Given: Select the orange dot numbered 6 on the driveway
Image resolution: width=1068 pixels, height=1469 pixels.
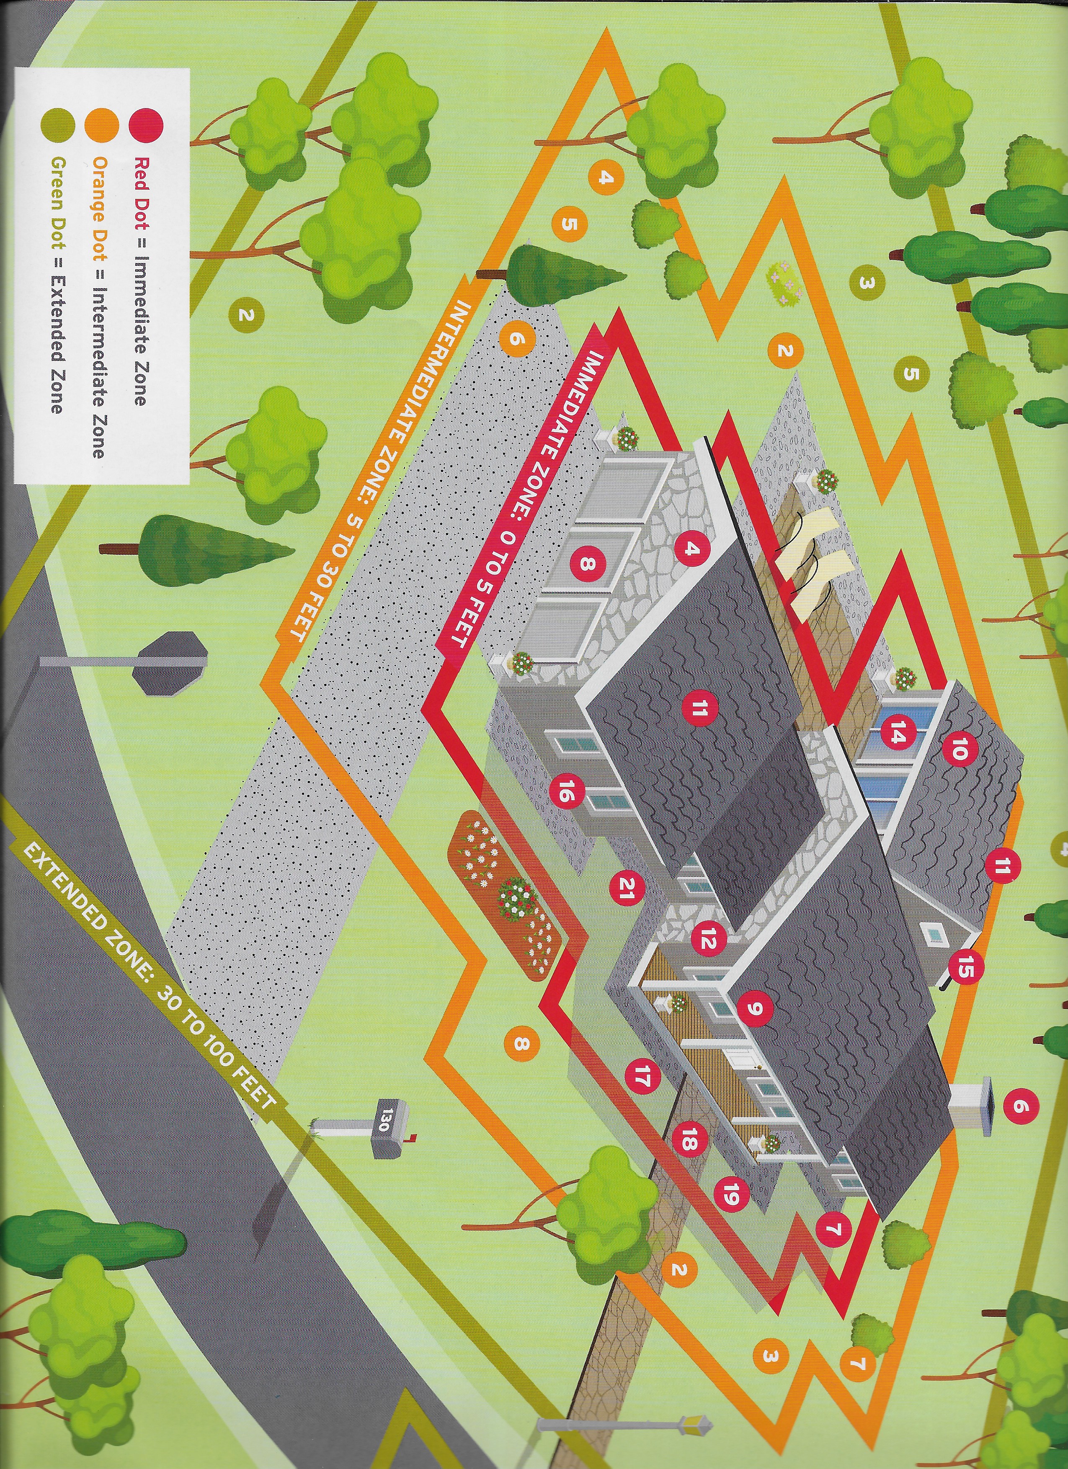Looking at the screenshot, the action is (x=516, y=338).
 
